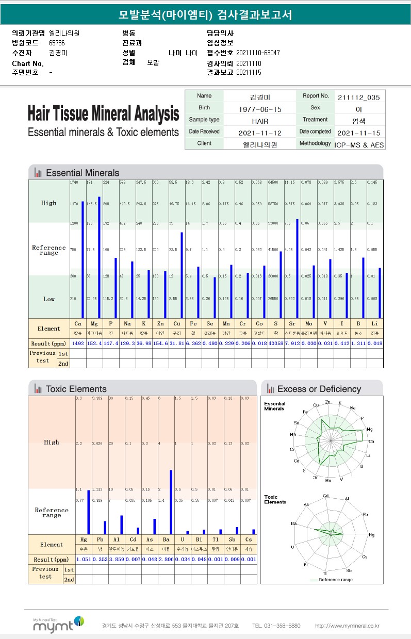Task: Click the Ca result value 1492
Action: [x=77, y=343]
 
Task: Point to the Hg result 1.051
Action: [x=83, y=559]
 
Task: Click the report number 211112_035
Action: [x=359, y=96]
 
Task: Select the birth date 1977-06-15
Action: [x=260, y=109]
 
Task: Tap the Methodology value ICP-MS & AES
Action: [x=359, y=144]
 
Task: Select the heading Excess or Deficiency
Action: [x=319, y=389]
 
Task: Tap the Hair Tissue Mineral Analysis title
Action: [x=103, y=113]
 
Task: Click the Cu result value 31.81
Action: [x=177, y=343]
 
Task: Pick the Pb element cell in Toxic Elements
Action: [x=100, y=539]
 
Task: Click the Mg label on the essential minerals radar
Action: [x=370, y=429]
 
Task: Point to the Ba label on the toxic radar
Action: [x=293, y=523]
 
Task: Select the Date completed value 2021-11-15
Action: [x=359, y=133]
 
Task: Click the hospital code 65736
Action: [x=57, y=43]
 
